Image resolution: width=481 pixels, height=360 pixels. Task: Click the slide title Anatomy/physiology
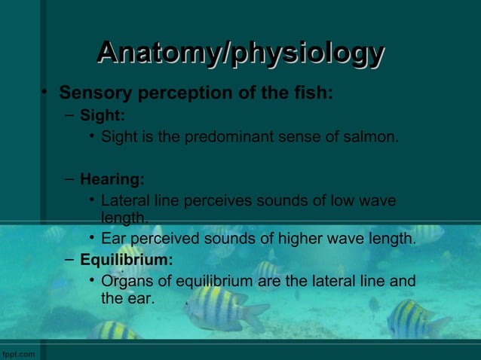coord(240,53)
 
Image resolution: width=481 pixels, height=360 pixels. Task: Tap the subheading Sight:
coord(103,116)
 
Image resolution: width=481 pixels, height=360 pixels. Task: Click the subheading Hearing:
coord(112,180)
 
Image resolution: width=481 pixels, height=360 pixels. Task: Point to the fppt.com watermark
coord(18,353)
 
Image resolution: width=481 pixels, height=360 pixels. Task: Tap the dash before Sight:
coord(69,115)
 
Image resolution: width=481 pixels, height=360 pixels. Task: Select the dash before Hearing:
coord(69,179)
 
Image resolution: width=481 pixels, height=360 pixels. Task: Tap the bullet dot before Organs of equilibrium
coord(92,281)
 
